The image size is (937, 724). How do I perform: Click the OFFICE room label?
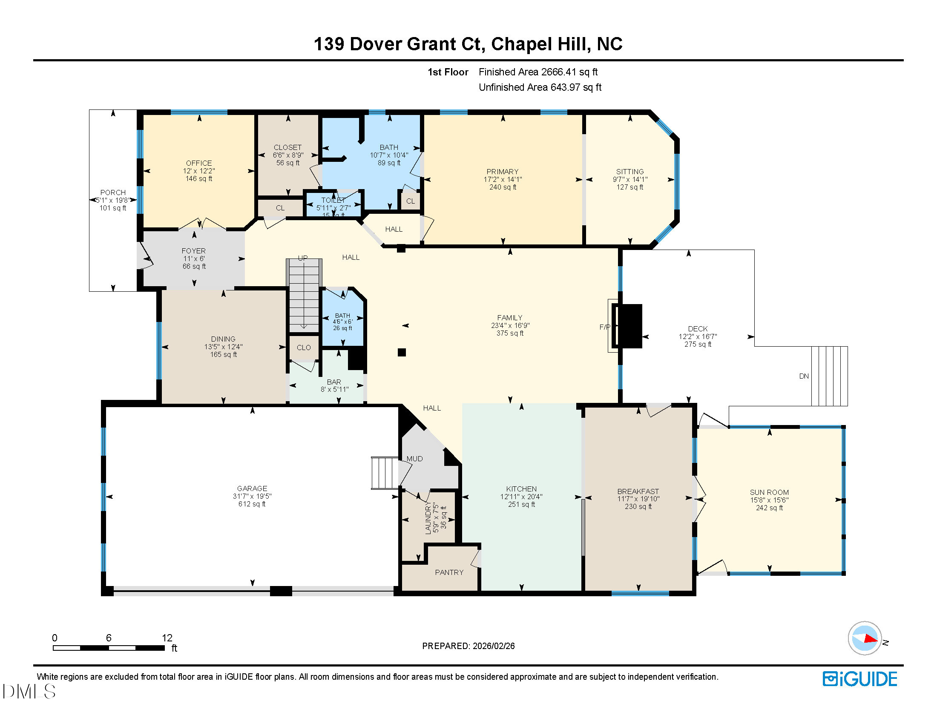pyautogui.click(x=198, y=163)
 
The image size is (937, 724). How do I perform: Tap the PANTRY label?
pyautogui.click(x=449, y=572)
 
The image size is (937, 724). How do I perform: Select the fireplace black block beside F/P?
pyautogui.click(x=629, y=326)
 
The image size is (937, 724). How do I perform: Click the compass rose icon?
pyautogui.click(x=864, y=638)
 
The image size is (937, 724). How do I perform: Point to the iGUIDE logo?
pyautogui.click(x=860, y=679)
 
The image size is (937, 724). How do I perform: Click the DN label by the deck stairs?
pyautogui.click(x=804, y=376)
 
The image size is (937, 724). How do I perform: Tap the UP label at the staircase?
pyautogui.click(x=303, y=258)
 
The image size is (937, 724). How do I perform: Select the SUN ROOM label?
pyautogui.click(x=769, y=492)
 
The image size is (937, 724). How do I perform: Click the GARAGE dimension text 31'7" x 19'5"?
pyautogui.click(x=252, y=496)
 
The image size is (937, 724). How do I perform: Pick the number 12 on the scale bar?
pyautogui.click(x=167, y=638)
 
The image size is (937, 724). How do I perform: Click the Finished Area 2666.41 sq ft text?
pyautogui.click(x=538, y=72)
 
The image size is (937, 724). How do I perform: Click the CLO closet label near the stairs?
pyautogui.click(x=303, y=348)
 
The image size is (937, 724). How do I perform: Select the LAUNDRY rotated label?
pyautogui.click(x=428, y=519)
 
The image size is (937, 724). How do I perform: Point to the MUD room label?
pyautogui.click(x=414, y=459)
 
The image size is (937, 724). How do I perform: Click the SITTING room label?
pyautogui.click(x=629, y=172)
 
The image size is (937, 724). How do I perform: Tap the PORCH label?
pyautogui.click(x=113, y=192)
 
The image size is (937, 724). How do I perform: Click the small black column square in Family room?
pyautogui.click(x=402, y=352)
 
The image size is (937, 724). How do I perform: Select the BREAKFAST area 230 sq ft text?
pyautogui.click(x=638, y=506)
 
